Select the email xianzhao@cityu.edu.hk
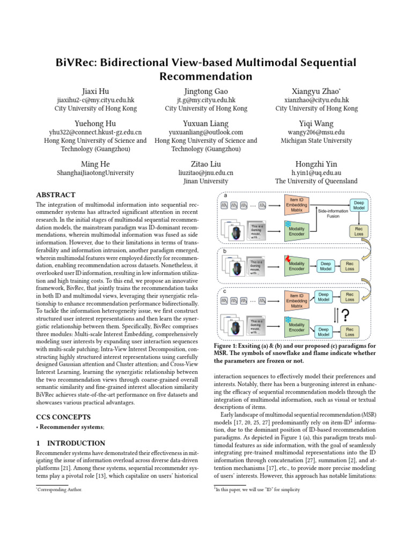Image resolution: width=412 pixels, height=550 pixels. tap(317, 100)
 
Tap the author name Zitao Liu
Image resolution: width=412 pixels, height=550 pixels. tap(206, 164)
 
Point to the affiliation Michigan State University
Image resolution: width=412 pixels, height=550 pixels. tap(317, 141)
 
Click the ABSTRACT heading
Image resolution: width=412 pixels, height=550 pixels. tap(55, 195)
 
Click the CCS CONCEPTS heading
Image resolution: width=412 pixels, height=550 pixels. tap(63, 417)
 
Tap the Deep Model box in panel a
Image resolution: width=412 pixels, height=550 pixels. tap(358, 205)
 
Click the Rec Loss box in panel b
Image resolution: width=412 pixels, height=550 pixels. tap(349, 266)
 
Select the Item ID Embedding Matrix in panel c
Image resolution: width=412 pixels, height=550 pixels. tap(297, 299)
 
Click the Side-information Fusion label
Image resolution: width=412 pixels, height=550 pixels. tap(333, 214)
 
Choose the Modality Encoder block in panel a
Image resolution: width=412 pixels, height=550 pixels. tap(296, 231)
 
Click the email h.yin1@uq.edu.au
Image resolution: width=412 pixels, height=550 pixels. tap(317, 173)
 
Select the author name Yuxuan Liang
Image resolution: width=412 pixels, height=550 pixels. tap(206, 123)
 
